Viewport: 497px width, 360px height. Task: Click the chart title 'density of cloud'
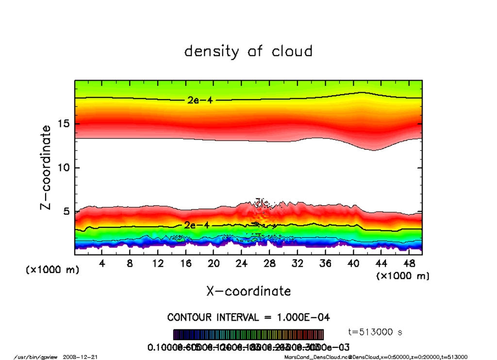248,51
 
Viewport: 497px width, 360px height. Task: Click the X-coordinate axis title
248,291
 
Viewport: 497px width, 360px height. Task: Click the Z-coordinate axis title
46,168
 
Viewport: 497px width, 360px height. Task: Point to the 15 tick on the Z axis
64,124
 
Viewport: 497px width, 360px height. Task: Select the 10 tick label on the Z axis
64,168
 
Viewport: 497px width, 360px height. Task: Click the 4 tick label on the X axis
102,263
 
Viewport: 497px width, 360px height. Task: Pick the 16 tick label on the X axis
185,263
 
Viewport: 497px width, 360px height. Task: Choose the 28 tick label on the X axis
269,263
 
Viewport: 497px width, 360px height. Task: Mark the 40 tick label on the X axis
353,263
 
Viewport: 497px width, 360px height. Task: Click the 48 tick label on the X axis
409,263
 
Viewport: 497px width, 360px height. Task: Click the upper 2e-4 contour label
199,101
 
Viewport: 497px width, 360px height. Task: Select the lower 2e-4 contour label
196,225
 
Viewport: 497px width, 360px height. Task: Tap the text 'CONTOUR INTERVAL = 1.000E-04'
248,317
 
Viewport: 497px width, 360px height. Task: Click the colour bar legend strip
248,335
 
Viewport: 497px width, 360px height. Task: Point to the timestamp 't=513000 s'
375,332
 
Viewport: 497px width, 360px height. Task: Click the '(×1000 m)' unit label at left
52,270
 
